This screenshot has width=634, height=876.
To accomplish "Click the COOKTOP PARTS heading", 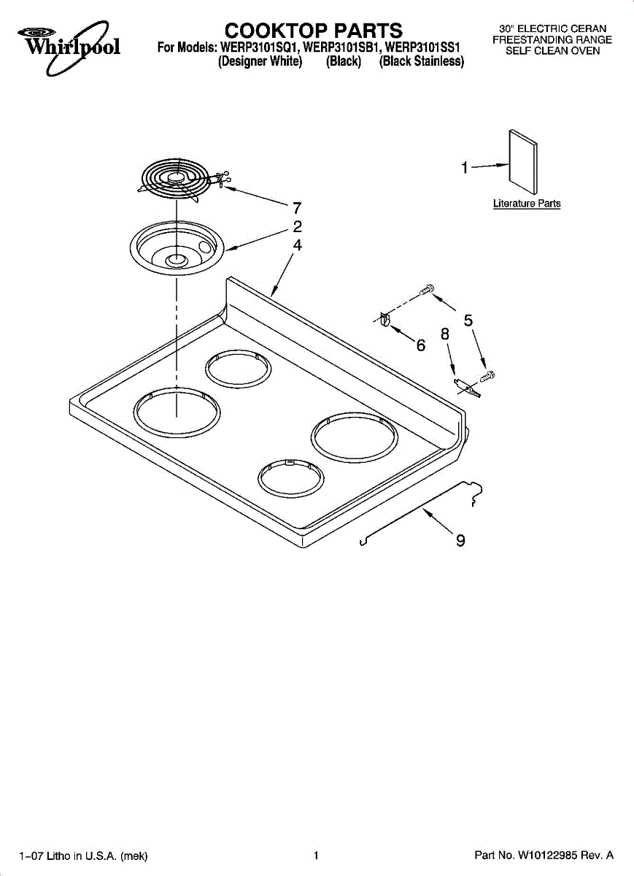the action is coord(313,31).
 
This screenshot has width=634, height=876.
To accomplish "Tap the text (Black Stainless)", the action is coord(422,61).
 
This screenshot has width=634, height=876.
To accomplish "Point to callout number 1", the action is coord(464,168).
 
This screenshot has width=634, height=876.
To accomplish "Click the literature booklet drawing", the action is coord(523,162).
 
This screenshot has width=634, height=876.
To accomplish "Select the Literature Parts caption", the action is coord(527,204).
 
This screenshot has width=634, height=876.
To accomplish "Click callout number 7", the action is coord(297,208).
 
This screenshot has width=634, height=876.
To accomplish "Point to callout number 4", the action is coord(298,245).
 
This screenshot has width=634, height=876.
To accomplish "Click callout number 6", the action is coord(420,345).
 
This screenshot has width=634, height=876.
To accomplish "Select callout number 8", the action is coord(445,334).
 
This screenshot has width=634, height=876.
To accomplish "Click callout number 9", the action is coord(460,540).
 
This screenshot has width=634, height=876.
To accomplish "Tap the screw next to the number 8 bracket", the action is coord(487,376).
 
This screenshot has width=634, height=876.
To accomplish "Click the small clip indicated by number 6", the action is coord(385,319).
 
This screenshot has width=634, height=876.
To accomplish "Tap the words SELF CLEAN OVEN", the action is coord(552,51).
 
